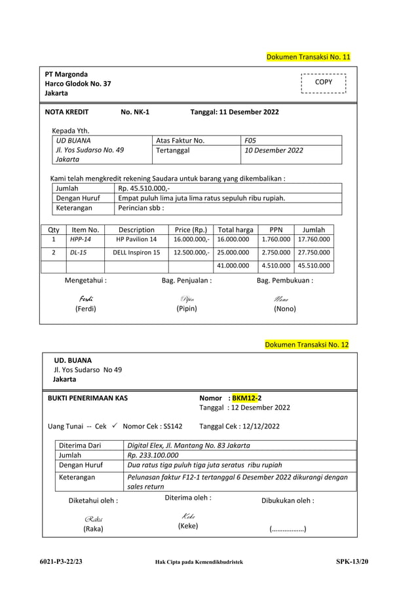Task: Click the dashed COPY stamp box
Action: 323,83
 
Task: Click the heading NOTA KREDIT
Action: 67,112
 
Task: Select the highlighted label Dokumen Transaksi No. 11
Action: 308,58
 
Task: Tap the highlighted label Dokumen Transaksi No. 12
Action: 307,345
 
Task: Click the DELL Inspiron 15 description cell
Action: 136,252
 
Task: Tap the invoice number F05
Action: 250,141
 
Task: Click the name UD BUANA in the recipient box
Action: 73,141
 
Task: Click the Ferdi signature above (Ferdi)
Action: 85,299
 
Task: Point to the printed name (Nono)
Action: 284,309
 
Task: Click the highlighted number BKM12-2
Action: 247,397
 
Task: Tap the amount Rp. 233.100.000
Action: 153,455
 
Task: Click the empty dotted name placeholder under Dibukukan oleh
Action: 288,530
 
